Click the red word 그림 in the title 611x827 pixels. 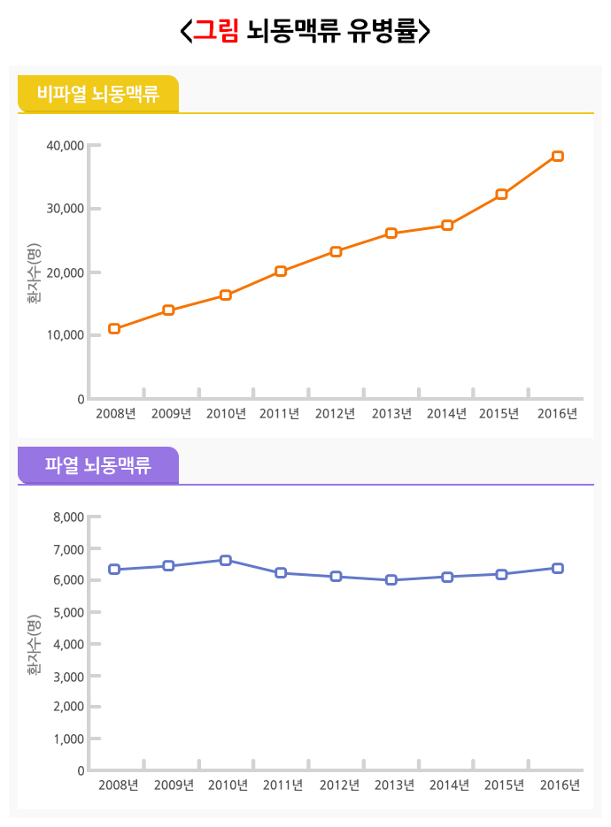217,31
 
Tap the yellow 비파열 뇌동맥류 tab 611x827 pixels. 97,94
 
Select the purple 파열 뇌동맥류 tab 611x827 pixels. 97,465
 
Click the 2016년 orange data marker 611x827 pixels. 558,157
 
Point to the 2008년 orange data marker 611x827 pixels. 114,329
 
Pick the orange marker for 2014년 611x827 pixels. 447,226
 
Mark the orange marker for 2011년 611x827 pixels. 281,272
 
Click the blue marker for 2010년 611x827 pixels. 226,560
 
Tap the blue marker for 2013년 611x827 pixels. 391,580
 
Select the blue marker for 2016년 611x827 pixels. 558,568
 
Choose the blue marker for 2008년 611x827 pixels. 114,570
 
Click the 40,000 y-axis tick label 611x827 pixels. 65,145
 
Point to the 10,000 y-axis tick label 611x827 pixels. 65,335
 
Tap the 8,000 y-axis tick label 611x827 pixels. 68,517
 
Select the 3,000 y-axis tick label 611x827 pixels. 68,676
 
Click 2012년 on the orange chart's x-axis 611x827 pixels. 335,413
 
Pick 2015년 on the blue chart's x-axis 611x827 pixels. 505,785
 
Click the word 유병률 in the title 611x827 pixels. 378,31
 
